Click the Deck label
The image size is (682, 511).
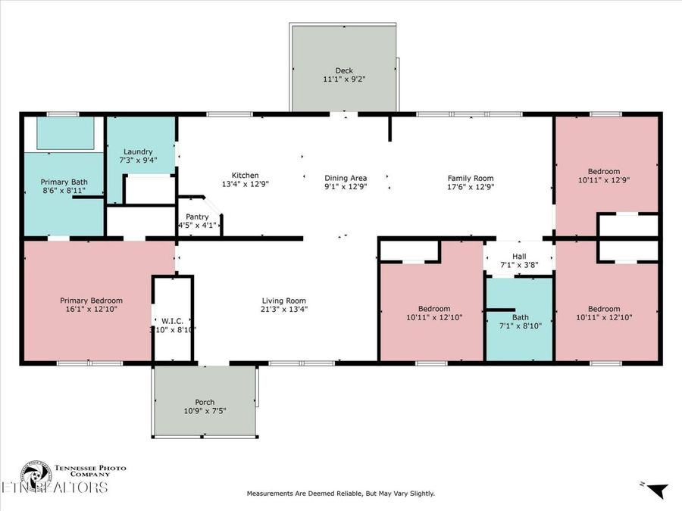click(344, 70)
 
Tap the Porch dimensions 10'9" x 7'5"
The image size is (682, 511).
click(205, 411)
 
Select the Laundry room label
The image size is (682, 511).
click(136, 151)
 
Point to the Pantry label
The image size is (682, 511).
click(197, 217)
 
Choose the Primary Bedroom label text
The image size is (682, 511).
click(91, 301)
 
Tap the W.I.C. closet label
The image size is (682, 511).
click(174, 319)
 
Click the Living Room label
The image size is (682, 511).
click(284, 301)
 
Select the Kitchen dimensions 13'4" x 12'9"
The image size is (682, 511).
click(245, 184)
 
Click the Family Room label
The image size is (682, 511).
click(471, 178)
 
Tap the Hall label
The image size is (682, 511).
click(519, 257)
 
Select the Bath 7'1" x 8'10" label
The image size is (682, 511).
click(520, 317)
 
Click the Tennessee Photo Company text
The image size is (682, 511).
click(89, 471)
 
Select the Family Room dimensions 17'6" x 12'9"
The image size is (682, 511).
click(471, 187)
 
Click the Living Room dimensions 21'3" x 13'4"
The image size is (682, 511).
click(284, 309)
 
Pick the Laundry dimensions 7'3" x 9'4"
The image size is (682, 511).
click(136, 160)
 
